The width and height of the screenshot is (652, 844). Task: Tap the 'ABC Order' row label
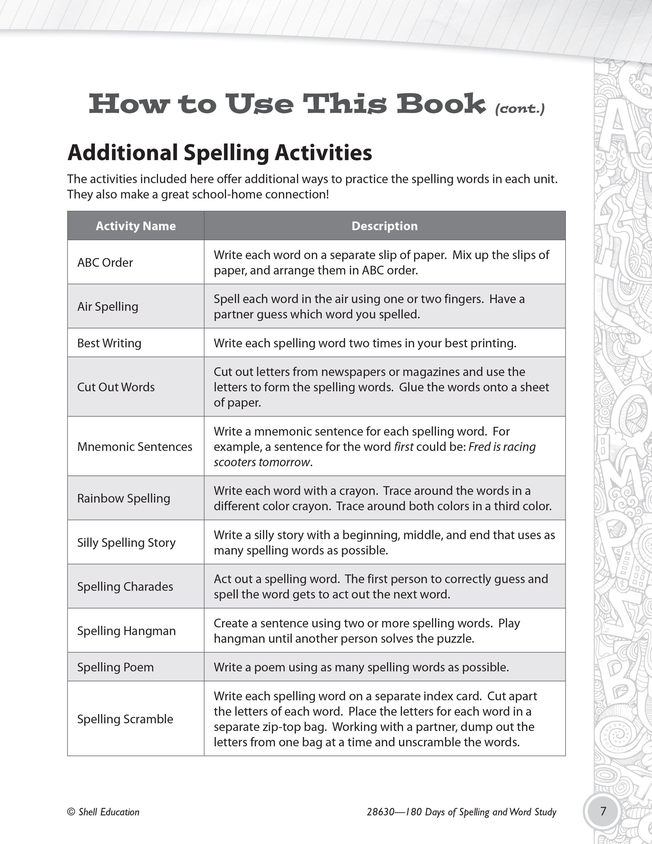105,262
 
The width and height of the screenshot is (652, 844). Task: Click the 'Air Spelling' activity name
108,306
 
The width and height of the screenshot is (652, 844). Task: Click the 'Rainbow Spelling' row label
123,498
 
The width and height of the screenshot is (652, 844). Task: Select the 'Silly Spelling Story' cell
126,542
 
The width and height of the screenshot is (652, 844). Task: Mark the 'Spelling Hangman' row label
126,631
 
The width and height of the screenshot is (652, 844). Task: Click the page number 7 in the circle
603,810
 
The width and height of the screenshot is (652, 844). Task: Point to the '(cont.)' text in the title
520,109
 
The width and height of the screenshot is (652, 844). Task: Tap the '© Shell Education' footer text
103,812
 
